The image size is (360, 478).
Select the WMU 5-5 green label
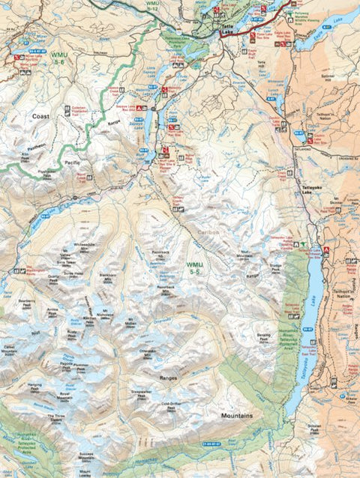[x=194, y=267]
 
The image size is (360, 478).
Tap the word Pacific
[x=73, y=161]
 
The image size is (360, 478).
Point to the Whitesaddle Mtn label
[x=85, y=246]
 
